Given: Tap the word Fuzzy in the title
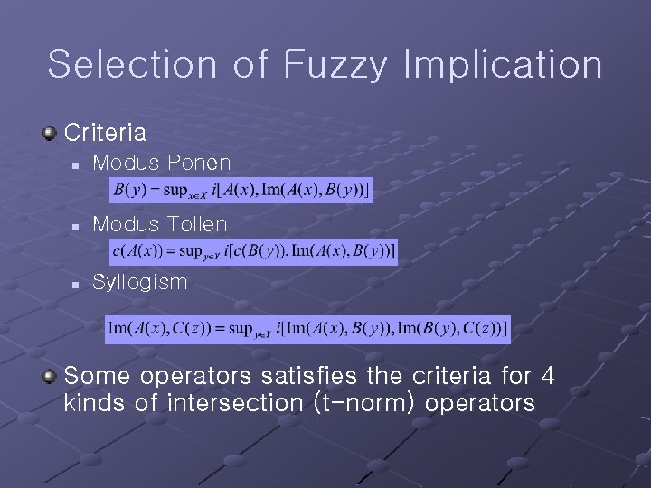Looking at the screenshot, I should click(x=336, y=65).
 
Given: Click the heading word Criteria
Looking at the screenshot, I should click(x=106, y=133).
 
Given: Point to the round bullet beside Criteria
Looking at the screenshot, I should click(x=50, y=134).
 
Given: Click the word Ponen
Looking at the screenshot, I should click(x=199, y=164).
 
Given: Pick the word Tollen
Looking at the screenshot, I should click(x=198, y=222).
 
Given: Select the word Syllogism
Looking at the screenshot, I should click(x=140, y=282).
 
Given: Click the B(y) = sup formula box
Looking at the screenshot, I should click(x=241, y=190).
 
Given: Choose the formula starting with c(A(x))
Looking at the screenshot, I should click(x=253, y=251).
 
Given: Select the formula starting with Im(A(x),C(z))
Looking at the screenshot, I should click(x=307, y=329).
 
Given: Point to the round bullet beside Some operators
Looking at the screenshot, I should click(x=50, y=374).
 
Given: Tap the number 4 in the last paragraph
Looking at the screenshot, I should click(x=547, y=374).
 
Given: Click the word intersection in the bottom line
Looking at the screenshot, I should click(x=231, y=403).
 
